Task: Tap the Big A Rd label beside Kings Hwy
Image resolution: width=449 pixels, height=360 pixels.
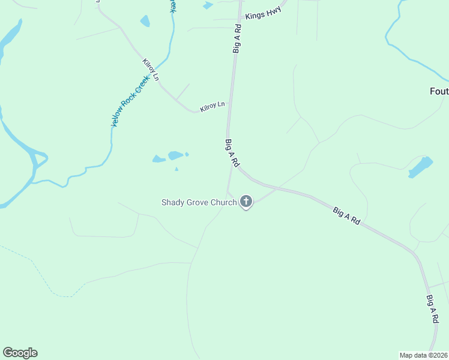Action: tap(237, 39)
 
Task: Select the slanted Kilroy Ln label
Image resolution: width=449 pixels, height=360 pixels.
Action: tap(151, 70)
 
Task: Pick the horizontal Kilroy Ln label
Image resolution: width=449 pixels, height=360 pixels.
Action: tap(212, 106)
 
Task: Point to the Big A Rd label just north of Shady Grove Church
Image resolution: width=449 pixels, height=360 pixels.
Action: tap(232, 153)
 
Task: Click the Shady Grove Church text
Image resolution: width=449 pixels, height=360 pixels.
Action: tap(199, 202)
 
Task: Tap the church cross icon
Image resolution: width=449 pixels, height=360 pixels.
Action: tap(246, 202)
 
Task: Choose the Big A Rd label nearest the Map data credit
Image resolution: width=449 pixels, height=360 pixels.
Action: tap(432, 310)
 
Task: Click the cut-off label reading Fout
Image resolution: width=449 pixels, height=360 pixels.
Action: tap(439, 91)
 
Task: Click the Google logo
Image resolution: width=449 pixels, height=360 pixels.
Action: tap(20, 353)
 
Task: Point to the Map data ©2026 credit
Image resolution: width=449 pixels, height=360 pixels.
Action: tap(424, 355)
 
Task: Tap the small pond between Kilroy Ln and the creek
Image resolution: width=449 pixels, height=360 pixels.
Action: tap(145, 22)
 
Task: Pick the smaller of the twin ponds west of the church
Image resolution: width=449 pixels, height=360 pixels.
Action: tap(159, 159)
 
